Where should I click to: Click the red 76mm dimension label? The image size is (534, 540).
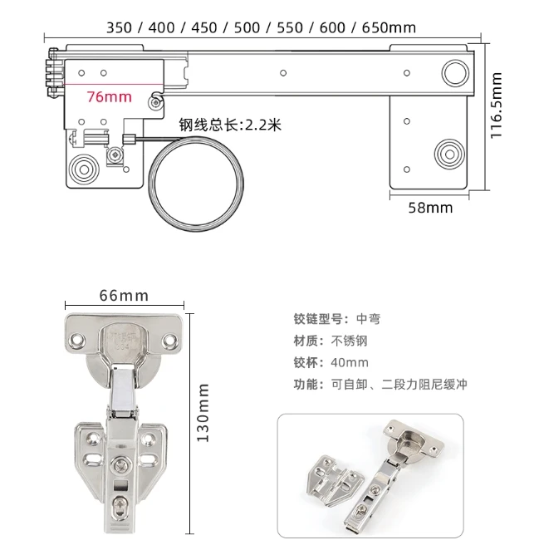tap(109, 97)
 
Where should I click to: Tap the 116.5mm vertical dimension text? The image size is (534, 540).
tap(497, 106)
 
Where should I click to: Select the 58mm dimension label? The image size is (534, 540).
tap(430, 208)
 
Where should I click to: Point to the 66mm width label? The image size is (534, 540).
tap(124, 296)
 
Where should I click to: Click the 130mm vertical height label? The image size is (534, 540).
tap(203, 412)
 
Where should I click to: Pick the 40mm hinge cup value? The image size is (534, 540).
tap(349, 363)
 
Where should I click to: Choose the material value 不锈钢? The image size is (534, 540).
tap(349, 341)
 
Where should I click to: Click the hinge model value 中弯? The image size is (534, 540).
tap(368, 319)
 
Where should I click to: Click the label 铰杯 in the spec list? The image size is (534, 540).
tap(306, 363)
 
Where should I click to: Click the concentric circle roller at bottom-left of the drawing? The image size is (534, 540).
tap(84, 168)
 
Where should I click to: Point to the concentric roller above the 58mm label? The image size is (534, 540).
tap(448, 154)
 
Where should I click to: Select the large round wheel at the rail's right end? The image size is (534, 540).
tap(454, 71)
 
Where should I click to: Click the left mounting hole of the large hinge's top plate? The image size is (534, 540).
tap(78, 339)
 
